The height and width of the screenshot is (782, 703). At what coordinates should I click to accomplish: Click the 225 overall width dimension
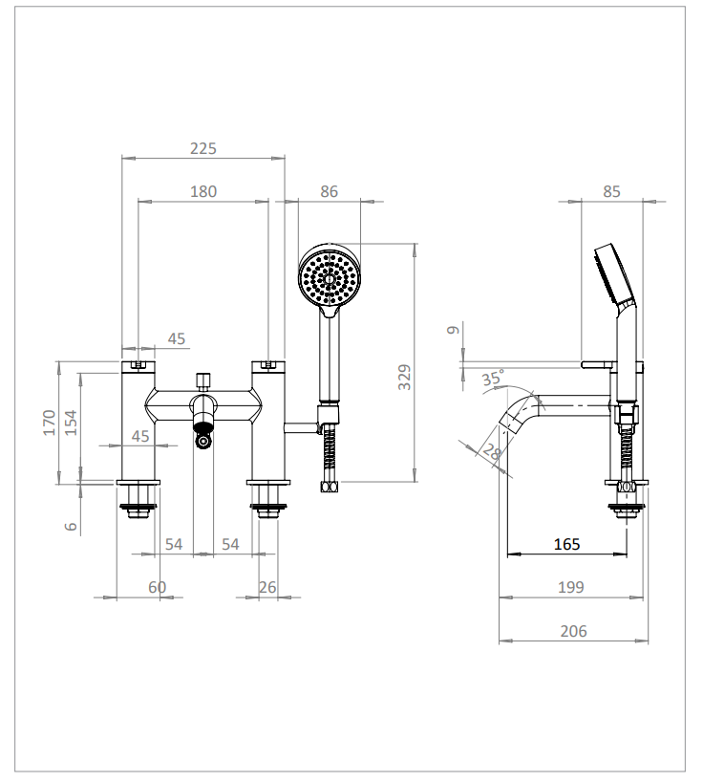pos(203,148)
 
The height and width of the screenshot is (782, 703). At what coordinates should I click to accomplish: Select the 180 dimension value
pos(203,191)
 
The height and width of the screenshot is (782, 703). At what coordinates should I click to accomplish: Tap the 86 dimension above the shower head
pos(329,191)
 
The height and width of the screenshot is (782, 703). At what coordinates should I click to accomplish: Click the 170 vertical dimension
pos(49,422)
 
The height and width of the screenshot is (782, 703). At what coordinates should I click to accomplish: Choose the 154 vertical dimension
pos(71,422)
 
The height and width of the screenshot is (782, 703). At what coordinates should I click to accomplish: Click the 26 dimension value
pos(267,587)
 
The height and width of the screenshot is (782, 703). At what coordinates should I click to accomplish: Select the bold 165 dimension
pos(566,544)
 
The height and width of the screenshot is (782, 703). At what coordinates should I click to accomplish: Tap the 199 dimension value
pos(570,587)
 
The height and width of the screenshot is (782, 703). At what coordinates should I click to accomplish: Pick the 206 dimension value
pos(573,631)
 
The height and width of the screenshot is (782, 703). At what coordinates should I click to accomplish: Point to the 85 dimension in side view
pos(611,191)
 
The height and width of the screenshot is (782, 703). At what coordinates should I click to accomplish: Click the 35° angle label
pos(492,379)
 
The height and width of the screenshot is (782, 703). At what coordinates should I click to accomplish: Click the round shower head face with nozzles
pos(330,274)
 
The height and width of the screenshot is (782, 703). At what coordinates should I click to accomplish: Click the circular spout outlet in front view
pos(202,441)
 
